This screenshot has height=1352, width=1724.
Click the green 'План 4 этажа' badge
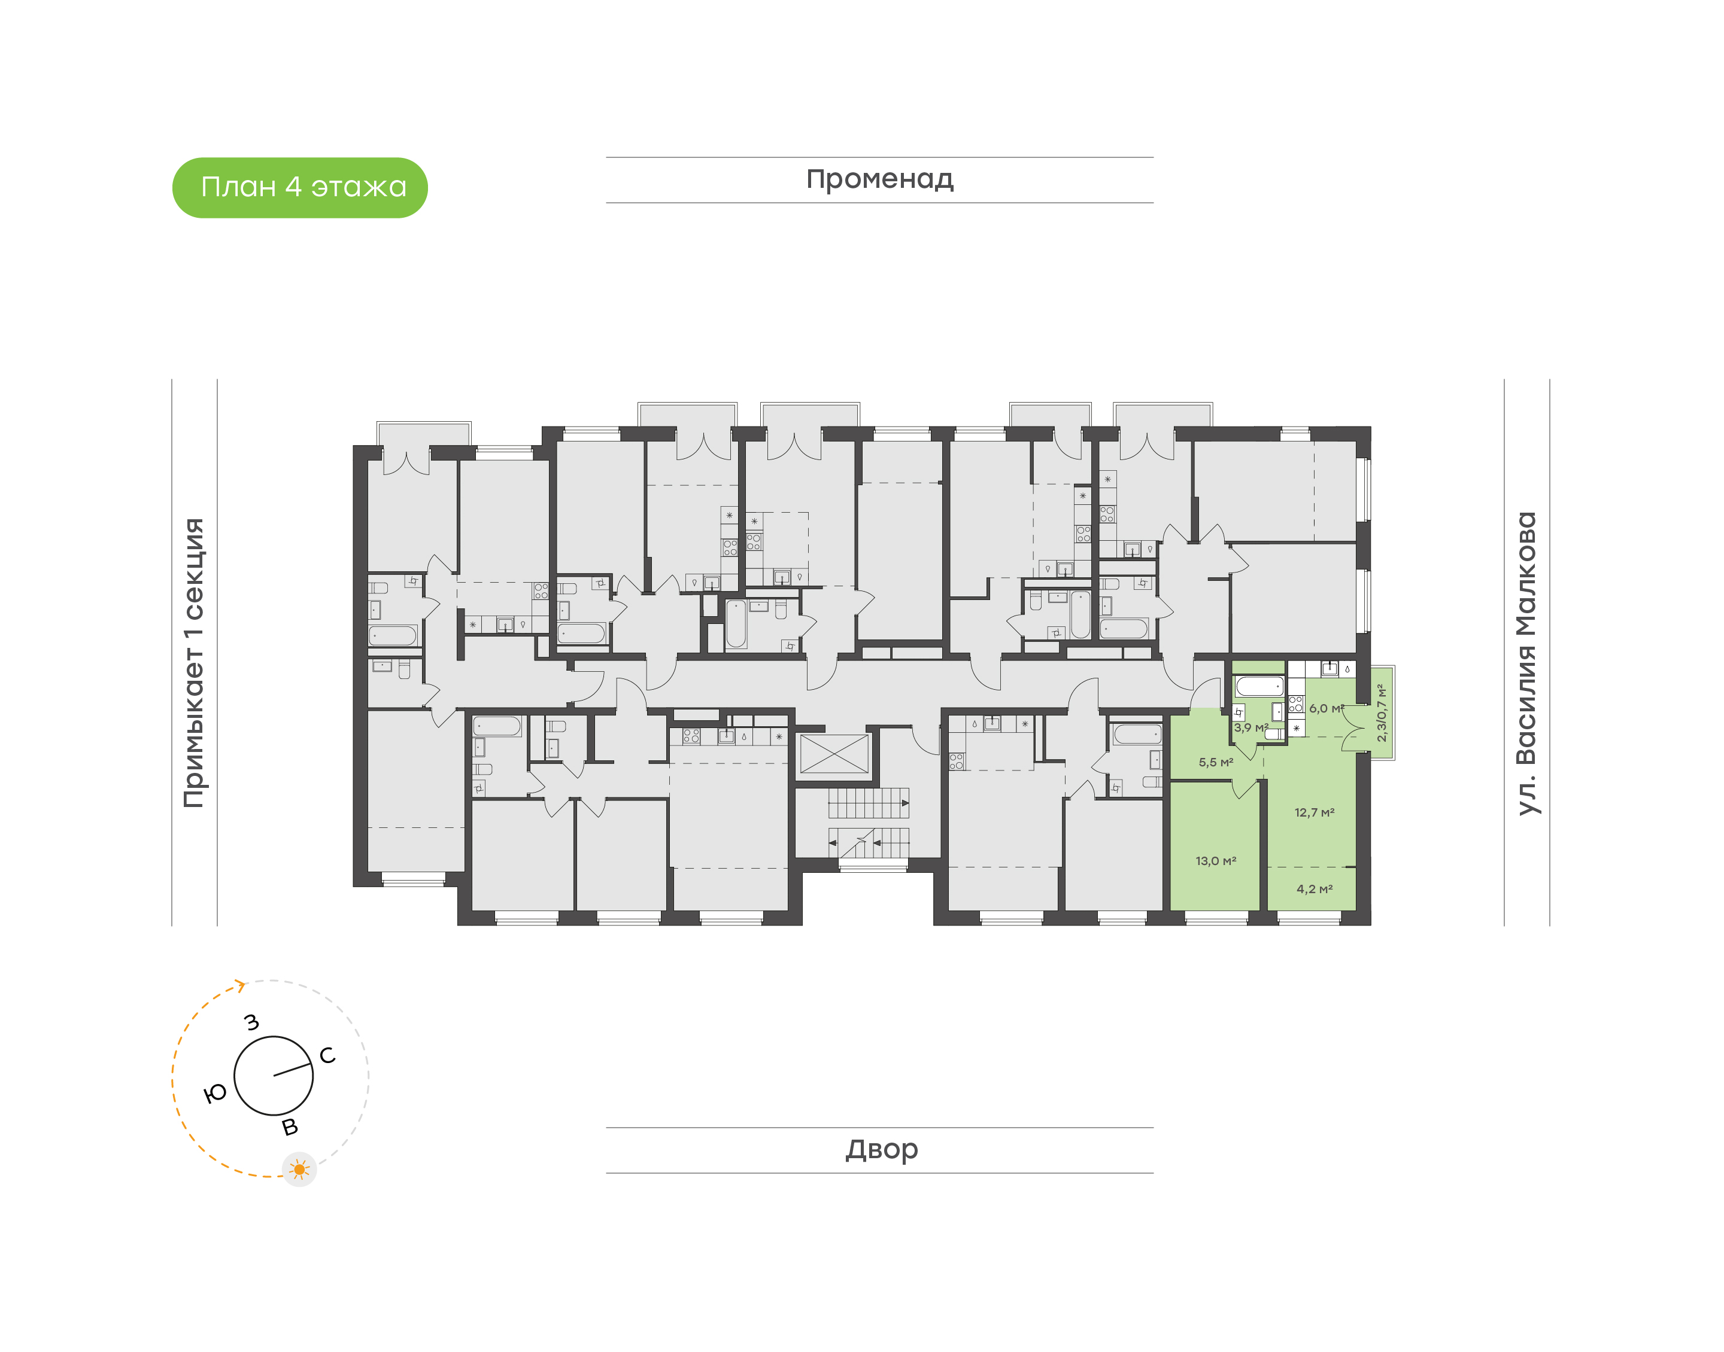[x=299, y=188]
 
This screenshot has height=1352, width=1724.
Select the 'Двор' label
[x=881, y=1149]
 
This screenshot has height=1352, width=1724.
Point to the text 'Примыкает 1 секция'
[x=194, y=663]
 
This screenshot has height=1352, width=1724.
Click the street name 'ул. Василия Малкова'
[x=1526, y=663]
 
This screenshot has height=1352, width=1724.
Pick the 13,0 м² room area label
[x=1216, y=860]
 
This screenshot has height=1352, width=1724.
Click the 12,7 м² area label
[x=1315, y=812]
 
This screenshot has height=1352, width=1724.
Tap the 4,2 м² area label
[x=1315, y=889]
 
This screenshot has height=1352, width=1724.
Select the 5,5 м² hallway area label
[x=1216, y=762]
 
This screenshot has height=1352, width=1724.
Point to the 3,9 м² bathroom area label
[x=1250, y=727]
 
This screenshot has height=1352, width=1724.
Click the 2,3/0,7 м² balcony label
[x=1382, y=712]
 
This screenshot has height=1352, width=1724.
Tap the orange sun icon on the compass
[x=299, y=1169]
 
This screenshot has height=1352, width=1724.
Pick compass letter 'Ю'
[x=215, y=1094]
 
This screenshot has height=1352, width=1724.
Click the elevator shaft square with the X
[x=834, y=754]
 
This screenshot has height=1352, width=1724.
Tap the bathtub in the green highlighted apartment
[x=1259, y=686]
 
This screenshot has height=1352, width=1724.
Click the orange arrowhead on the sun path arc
[x=240, y=985]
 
